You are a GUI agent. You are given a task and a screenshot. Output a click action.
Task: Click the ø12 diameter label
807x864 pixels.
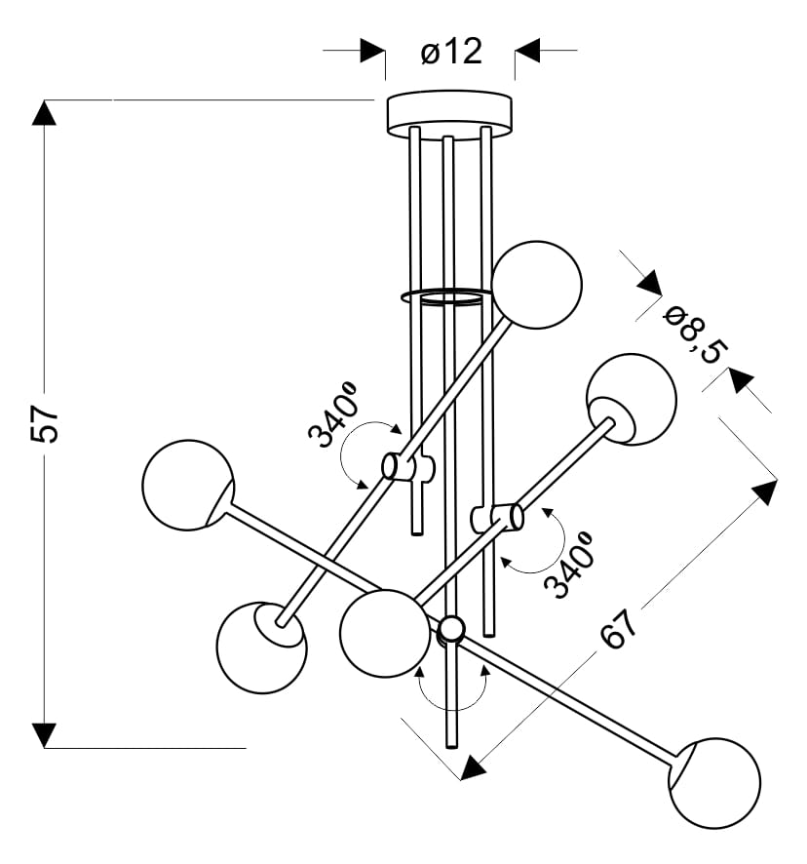coord(451,51)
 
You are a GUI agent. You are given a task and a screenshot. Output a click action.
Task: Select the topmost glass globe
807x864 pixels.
coord(536,285)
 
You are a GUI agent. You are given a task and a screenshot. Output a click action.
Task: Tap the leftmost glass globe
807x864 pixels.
coord(187,485)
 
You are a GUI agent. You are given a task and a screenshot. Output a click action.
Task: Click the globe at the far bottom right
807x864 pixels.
coord(714,783)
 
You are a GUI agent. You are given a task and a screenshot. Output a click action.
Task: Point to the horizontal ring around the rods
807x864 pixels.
coord(444,295)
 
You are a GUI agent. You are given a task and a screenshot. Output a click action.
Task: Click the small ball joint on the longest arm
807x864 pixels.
coord(451,628)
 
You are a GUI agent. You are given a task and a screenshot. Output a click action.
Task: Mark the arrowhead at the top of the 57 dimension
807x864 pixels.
coord(44,112)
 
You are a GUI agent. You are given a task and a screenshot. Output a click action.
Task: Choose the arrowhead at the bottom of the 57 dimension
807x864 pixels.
coord(44,734)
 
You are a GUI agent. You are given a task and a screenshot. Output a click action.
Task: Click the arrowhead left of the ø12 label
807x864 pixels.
coord(372,51)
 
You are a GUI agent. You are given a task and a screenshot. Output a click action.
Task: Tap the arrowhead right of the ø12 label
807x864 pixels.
coord(527,51)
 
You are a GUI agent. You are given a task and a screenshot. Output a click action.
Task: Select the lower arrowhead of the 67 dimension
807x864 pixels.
coord(472,768)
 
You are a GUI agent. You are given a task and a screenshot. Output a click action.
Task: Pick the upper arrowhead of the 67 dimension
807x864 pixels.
coord(766,491)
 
